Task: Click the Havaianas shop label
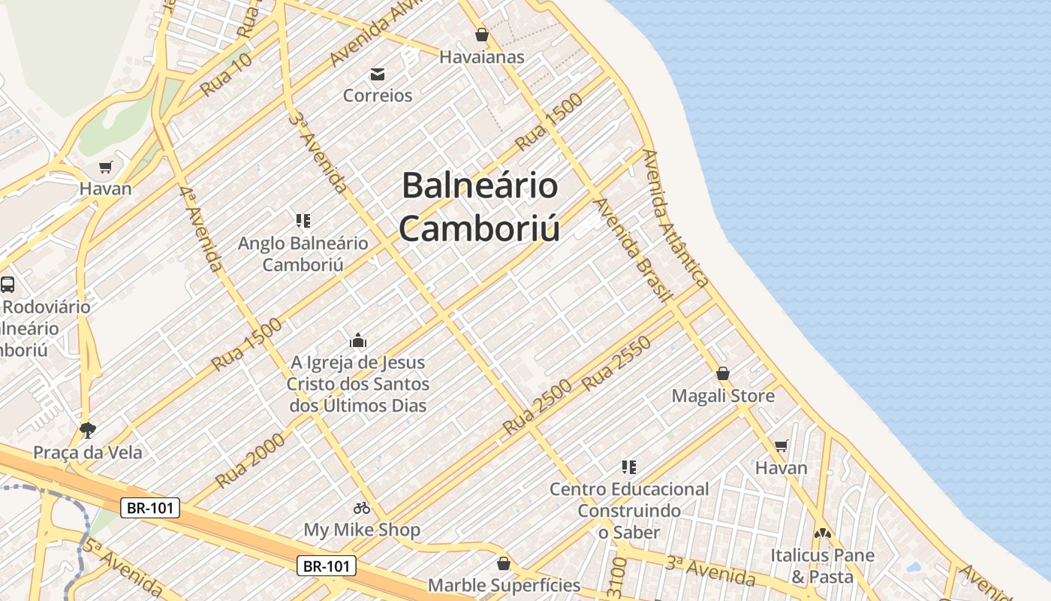click(481, 57)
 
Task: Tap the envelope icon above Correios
click(378, 74)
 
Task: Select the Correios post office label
click(378, 95)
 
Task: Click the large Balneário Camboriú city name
click(480, 207)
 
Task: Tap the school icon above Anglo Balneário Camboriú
click(303, 221)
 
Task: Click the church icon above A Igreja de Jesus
click(358, 340)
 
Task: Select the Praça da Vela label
click(87, 452)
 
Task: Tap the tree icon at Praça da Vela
click(88, 430)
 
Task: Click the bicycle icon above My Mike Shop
click(362, 508)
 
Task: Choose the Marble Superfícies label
click(504, 584)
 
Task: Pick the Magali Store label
click(723, 395)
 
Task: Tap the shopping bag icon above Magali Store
click(723, 373)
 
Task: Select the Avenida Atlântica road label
click(676, 218)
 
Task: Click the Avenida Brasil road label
click(631, 250)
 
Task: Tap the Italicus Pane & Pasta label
click(822, 566)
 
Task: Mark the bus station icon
click(8, 285)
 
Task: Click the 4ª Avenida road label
click(201, 229)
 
